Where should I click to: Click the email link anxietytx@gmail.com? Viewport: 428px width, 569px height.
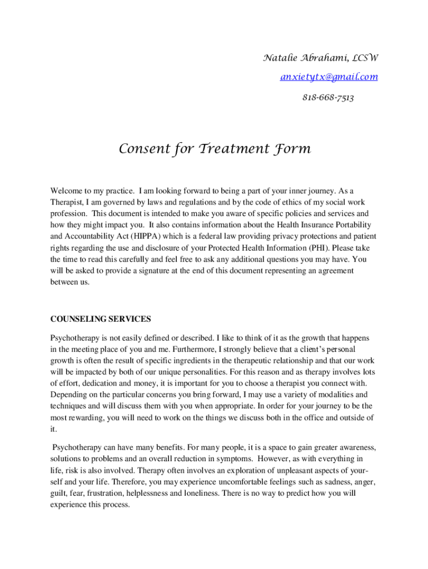coord(329,77)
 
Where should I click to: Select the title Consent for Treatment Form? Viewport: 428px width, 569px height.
coord(215,149)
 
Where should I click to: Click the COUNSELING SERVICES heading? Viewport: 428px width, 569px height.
coord(101,319)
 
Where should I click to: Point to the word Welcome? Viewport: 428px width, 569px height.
coord(67,191)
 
